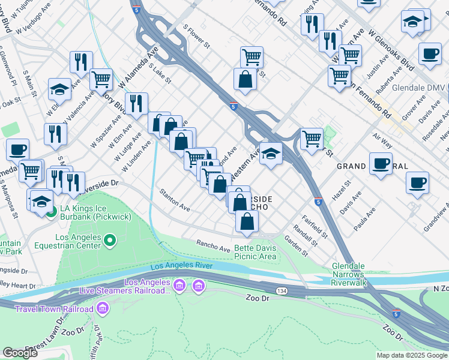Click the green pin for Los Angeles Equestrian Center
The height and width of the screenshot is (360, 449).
coord(109,241)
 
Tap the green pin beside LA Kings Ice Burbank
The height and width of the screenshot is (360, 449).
coord(52,212)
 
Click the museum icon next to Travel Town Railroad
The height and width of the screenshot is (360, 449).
coord(103,309)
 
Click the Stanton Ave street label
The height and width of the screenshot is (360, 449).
coord(175,200)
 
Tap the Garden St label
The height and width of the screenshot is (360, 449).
coord(296,246)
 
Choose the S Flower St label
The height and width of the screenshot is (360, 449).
coord(196,37)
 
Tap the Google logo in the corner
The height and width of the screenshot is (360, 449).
coord(20,353)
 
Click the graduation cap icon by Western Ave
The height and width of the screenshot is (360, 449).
coord(271,155)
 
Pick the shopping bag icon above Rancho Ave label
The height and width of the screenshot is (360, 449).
coord(247,221)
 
